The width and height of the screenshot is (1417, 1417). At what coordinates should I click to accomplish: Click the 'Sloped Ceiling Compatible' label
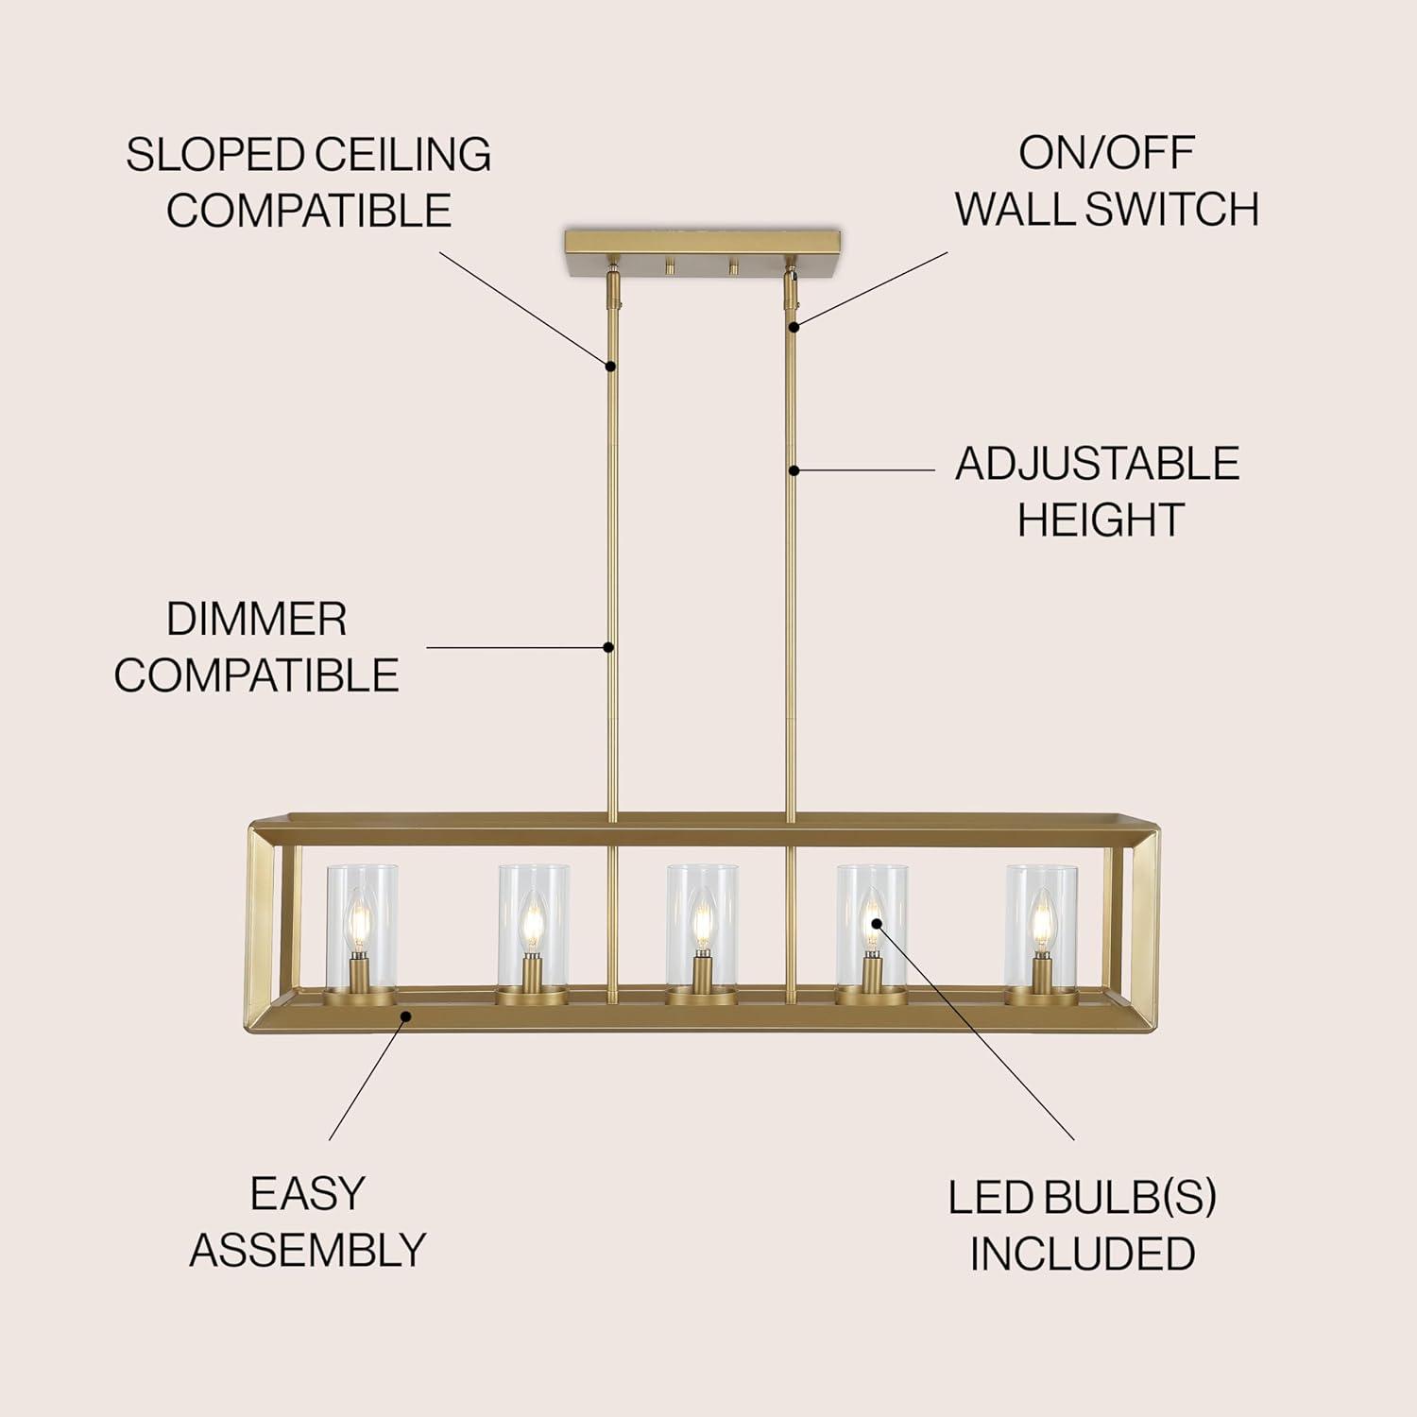point(308,181)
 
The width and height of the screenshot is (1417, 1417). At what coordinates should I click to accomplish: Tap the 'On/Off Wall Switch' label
point(1106,181)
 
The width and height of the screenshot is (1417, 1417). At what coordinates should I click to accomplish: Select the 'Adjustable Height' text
point(1097,491)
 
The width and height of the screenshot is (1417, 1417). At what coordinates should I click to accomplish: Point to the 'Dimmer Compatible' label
point(256,647)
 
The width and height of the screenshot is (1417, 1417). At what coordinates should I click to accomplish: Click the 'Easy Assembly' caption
point(308,1221)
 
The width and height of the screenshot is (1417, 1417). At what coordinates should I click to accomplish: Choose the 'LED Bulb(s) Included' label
point(1083,1225)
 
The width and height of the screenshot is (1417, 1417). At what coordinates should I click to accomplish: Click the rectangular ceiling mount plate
point(702,250)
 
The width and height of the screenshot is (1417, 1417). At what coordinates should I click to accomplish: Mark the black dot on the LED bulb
point(875,923)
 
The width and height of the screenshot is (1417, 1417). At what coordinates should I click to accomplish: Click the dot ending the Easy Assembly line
point(406,1016)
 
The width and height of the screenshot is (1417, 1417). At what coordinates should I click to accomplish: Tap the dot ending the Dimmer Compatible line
point(609,647)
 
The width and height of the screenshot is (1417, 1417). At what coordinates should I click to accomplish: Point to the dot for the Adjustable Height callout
point(794,469)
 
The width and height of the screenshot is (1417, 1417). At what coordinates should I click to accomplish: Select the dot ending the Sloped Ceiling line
point(611,366)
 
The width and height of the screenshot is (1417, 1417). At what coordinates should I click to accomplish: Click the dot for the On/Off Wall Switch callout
point(794,327)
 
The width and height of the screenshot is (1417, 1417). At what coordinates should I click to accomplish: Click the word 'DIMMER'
point(256,620)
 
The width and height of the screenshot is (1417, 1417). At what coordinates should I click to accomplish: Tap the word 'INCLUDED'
point(1083,1254)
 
